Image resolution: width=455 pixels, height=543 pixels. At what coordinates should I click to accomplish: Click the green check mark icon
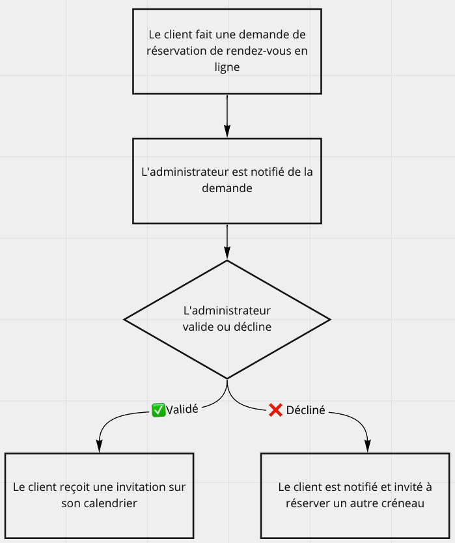(158, 410)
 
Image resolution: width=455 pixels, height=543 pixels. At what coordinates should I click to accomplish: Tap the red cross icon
(275, 410)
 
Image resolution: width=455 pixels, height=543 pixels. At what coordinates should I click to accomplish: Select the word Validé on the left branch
(182, 410)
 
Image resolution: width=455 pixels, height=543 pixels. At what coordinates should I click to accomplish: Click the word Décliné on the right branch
(305, 411)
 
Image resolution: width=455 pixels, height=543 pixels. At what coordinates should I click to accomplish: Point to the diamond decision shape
(227, 319)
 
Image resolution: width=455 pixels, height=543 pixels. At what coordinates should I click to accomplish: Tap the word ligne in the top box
(227, 67)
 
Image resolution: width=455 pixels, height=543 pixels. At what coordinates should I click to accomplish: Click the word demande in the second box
(227, 188)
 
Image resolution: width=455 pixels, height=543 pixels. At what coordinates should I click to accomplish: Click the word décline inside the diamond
(253, 327)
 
